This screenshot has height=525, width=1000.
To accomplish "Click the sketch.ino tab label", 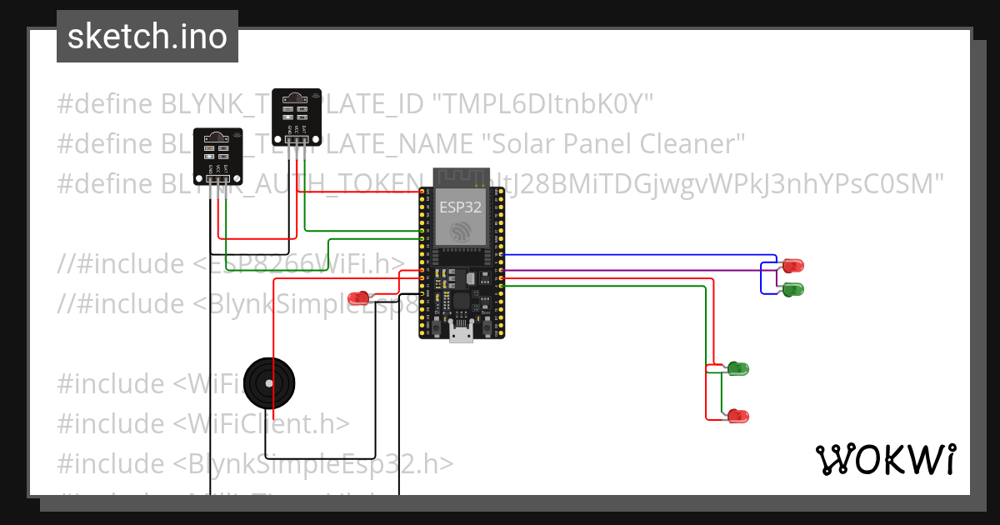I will coord(147,37).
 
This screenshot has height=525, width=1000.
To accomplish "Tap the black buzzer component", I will coord(269,383).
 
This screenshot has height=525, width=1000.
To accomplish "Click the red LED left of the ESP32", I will coord(359,297).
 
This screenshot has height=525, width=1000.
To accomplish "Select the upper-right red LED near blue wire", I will coord(792,266).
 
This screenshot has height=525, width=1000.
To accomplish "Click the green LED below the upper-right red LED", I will coord(792,289).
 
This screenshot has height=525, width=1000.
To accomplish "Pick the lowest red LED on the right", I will coord(738,415).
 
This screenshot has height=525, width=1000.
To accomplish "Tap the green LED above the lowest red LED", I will coord(738,367).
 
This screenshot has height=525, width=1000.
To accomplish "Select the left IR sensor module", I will coord(217,155).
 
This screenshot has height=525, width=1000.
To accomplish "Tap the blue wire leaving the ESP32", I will coord(633,255).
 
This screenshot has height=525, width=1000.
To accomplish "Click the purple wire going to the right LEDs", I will coord(633,270).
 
